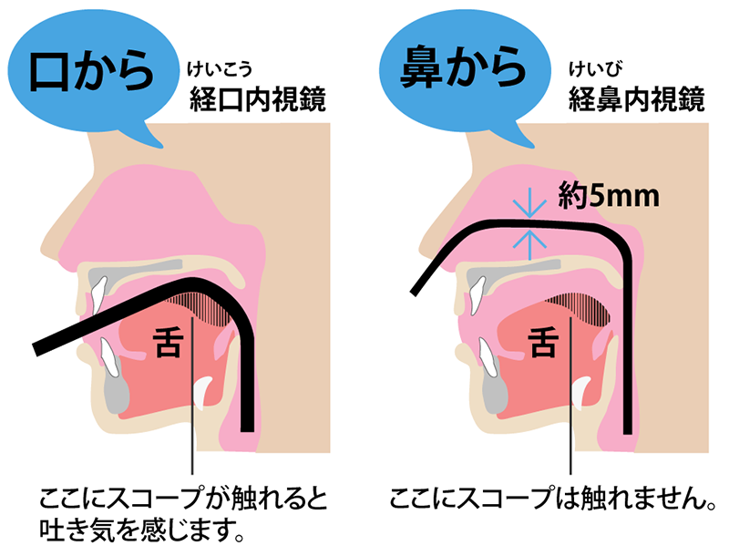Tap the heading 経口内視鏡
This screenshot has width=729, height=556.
[x=258, y=99]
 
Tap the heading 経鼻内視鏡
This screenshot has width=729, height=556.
[x=636, y=99]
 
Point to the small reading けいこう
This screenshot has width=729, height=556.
[x=220, y=69]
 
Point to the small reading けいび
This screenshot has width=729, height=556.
[x=596, y=69]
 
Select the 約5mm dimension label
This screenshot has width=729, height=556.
[x=609, y=196]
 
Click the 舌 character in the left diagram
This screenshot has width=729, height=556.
[x=168, y=342]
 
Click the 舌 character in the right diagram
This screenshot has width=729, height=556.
[x=543, y=342]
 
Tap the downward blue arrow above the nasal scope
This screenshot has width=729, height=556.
[x=529, y=207]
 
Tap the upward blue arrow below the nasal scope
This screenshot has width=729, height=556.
[x=529, y=244]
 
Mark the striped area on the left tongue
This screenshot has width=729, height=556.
[x=204, y=308]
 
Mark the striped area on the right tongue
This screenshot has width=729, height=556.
[x=581, y=308]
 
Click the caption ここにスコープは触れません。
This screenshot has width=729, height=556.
[x=552, y=499]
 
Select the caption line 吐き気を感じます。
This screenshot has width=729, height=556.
[x=142, y=530]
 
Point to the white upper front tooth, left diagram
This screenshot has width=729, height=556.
[x=98, y=293]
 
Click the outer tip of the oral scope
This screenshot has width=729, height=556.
[x=36, y=350]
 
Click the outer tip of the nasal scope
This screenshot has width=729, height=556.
[x=414, y=292]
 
